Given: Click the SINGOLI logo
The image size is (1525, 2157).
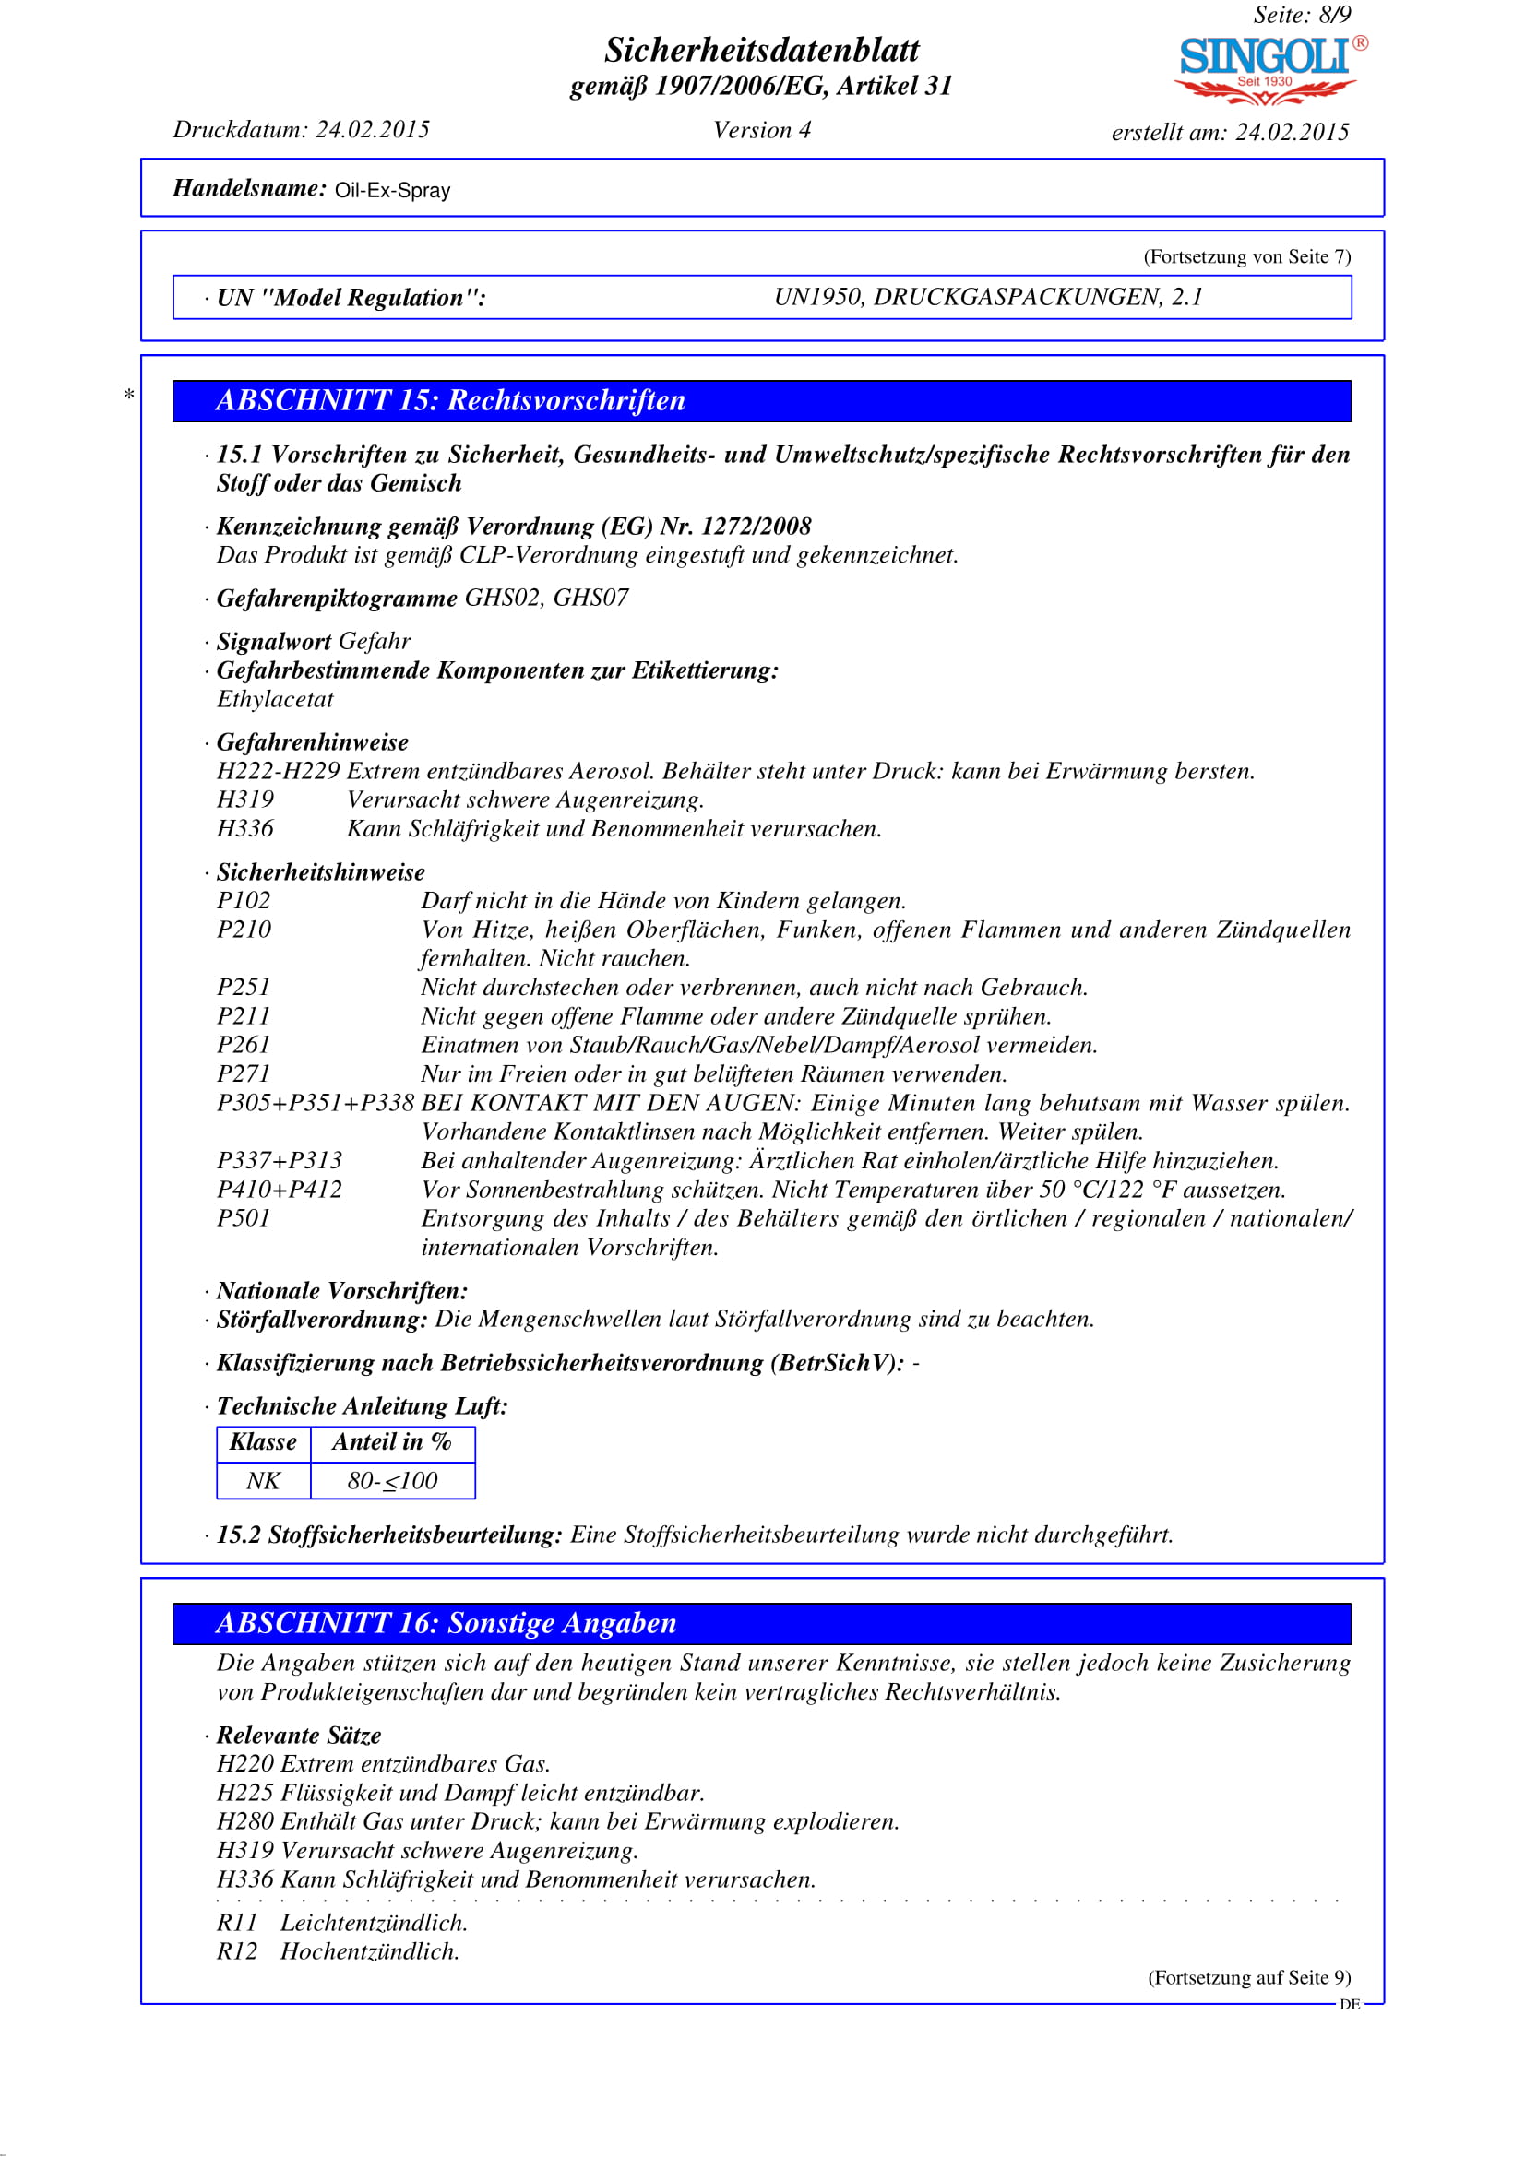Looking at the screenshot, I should [x=1268, y=67].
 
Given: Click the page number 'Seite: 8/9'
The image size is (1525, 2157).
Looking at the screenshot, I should [x=1302, y=15].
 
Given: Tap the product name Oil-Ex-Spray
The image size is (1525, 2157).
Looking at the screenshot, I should [x=393, y=191].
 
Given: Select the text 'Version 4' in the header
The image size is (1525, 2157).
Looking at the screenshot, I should [x=761, y=131].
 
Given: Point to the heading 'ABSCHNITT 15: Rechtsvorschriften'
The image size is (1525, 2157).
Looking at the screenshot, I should [x=450, y=401].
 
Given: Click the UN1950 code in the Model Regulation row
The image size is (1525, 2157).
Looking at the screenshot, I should [x=818, y=298].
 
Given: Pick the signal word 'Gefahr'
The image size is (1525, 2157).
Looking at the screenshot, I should [x=374, y=642].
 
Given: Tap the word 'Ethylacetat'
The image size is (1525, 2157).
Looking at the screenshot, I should [x=274, y=700].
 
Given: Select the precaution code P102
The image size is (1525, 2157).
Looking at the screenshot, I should [x=244, y=901].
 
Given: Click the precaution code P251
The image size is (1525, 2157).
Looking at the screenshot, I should [x=244, y=988].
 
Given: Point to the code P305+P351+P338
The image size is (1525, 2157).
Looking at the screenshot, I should [x=315, y=1103].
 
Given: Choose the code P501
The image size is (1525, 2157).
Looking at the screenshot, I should [x=244, y=1218].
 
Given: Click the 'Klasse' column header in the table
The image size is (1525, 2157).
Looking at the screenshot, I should [x=263, y=1443].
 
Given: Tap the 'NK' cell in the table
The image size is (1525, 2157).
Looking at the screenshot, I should [x=263, y=1482].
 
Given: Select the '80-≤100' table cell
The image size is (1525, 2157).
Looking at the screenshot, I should [x=392, y=1482].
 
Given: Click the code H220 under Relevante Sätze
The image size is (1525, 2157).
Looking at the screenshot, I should [x=245, y=1764].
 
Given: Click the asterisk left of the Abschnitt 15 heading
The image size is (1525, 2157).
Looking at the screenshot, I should [x=129, y=396].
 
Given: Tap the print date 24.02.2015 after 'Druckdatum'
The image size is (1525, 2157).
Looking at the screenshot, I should [x=372, y=130].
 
